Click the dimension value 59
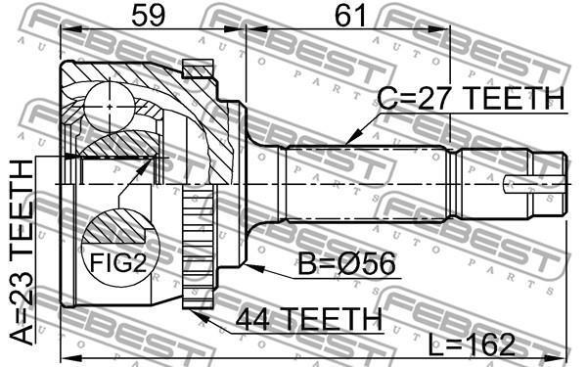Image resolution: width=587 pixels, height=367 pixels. coord(149,15)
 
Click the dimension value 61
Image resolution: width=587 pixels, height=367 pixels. coord(350,15)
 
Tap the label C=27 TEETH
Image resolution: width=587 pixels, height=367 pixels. coord(471,98)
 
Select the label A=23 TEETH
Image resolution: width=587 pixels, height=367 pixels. coord(22,252)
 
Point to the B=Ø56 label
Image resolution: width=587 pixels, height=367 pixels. coord(346,263)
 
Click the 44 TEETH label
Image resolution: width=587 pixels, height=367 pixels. coord(309,319)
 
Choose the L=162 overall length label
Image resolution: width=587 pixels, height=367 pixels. coord(472,344)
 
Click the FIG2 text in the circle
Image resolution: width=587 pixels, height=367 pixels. coord(118,262)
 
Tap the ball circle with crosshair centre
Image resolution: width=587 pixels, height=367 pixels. coord(109,107)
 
